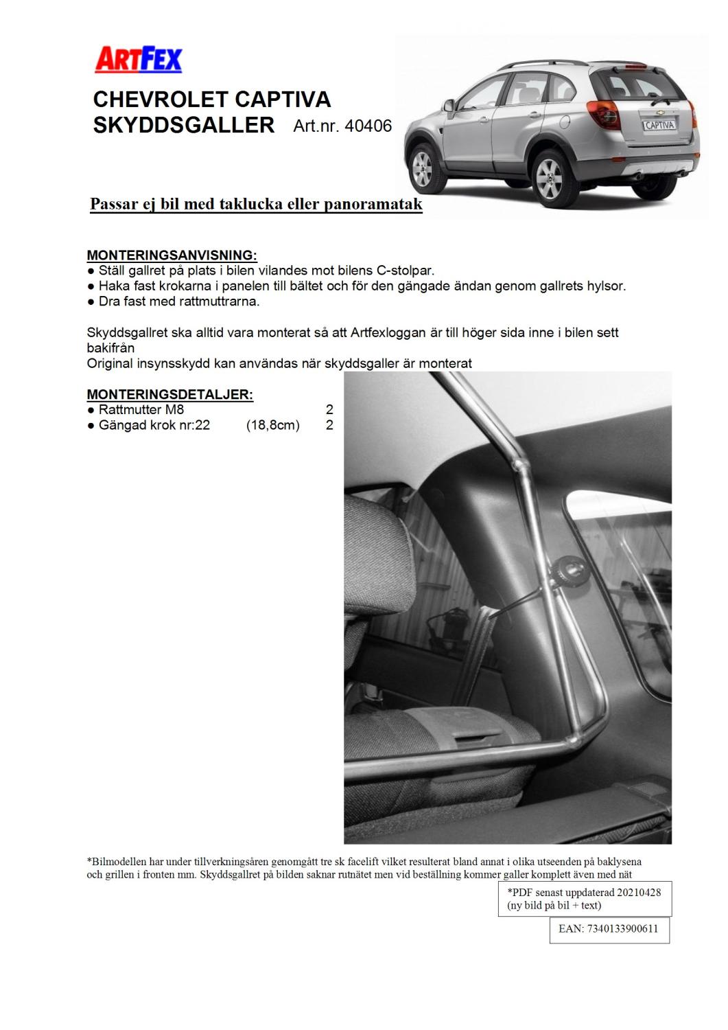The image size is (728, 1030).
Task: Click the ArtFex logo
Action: coord(138,60)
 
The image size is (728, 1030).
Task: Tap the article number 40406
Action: coord(368,126)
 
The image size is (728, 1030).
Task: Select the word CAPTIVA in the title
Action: coord(283,100)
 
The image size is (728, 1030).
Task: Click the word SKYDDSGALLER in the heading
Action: coord(183,126)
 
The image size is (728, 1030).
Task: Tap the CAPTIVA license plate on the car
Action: coord(659,126)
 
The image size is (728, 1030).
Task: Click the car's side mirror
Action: coord(449,106)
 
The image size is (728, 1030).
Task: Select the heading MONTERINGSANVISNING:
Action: coord(172,255)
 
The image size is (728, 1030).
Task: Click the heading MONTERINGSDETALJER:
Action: coord(169,394)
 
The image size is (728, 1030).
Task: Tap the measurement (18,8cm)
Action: coord(273,425)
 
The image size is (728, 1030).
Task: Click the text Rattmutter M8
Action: coord(141,410)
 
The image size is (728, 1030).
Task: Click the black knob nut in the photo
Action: coord(568,567)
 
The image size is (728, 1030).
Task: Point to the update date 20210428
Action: coord(639,892)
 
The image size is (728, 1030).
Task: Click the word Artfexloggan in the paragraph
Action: coord(386,332)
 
